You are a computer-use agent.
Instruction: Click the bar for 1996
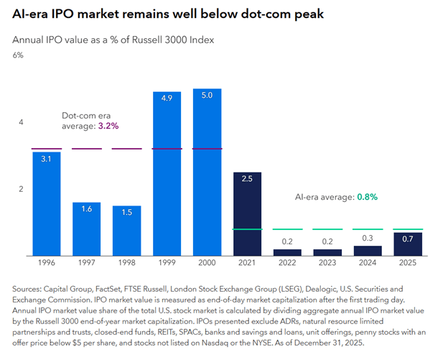[x=46, y=203]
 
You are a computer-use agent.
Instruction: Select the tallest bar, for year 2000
[x=207, y=172]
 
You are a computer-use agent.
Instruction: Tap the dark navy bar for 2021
[x=247, y=214]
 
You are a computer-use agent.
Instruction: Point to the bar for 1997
[x=86, y=229]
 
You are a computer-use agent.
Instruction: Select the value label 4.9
[x=167, y=98]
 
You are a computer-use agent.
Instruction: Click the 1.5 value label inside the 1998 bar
[x=126, y=213]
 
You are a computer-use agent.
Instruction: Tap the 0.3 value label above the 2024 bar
[x=368, y=239]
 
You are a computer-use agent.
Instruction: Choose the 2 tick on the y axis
[x=21, y=190]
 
